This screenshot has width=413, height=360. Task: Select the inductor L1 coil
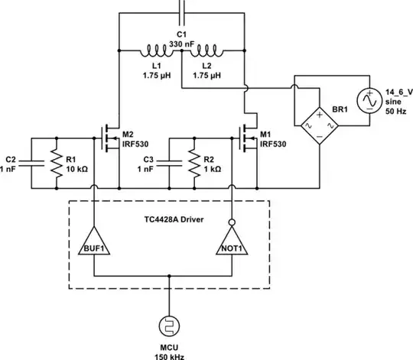click(x=158, y=53)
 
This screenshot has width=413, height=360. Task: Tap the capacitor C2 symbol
click(x=29, y=162)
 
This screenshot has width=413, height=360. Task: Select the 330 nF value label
click(x=181, y=44)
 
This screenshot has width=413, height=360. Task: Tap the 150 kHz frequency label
click(x=166, y=354)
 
